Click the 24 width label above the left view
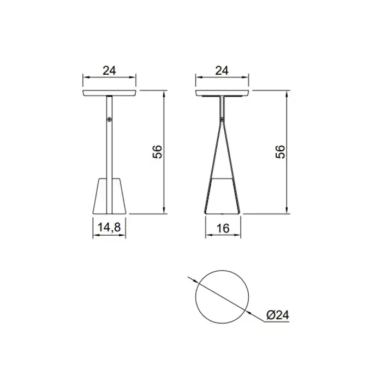(x=109, y=70)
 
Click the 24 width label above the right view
(x=222, y=70)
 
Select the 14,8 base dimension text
(x=109, y=228)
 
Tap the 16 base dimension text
(x=223, y=228)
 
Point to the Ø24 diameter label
(x=277, y=315)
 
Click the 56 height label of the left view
(x=157, y=152)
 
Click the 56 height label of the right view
(x=280, y=152)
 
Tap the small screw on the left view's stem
(x=110, y=120)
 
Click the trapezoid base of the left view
(x=109, y=196)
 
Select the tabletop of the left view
(x=109, y=93)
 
